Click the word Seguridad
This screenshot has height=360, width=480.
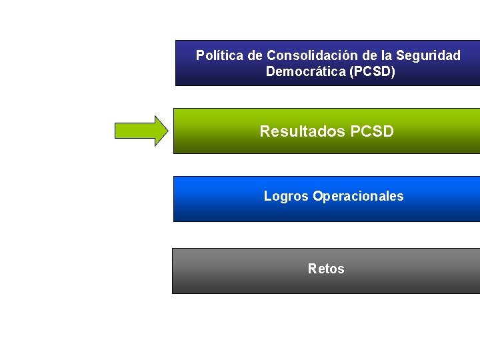(430, 55)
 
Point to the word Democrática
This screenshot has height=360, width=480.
(305, 71)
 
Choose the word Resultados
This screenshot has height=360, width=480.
(301, 131)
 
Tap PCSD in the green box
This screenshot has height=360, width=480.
(371, 131)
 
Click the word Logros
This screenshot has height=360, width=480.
(286, 196)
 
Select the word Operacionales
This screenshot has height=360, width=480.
(358, 196)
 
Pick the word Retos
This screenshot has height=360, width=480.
(326, 269)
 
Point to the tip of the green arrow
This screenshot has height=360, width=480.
(167, 131)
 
